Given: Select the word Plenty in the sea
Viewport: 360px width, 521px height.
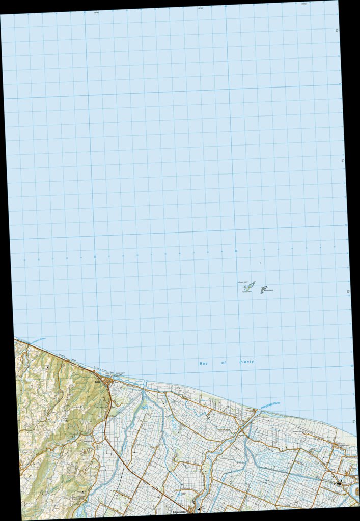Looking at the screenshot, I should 246,361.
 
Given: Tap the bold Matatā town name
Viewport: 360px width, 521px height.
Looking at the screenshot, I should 96,379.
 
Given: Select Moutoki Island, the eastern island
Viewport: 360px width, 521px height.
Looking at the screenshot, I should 263,290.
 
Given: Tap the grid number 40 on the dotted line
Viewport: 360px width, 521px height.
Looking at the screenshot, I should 236,251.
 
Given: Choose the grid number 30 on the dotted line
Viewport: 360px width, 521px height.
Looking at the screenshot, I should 95,257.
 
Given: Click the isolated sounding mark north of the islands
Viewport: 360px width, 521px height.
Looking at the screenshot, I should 260,263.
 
